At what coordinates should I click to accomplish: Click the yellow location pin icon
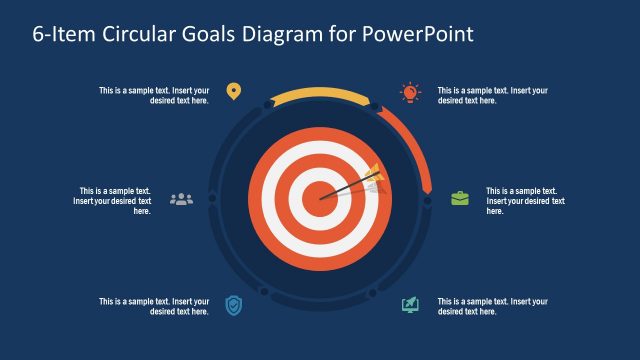[233, 92]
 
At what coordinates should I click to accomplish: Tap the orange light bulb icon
[410, 92]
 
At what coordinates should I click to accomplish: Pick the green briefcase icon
[460, 198]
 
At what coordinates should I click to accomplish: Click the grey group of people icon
[181, 198]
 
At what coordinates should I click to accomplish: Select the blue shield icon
[233, 304]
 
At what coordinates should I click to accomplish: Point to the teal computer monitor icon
[410, 304]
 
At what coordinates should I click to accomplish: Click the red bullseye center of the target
[319, 197]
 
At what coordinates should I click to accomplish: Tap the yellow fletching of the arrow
[372, 174]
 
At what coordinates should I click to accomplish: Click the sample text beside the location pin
[154, 95]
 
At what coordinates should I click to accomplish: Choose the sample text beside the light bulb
[493, 95]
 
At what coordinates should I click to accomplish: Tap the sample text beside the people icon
[112, 200]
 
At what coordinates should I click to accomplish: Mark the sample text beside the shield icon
[154, 306]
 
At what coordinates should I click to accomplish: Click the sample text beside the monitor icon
[493, 306]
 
